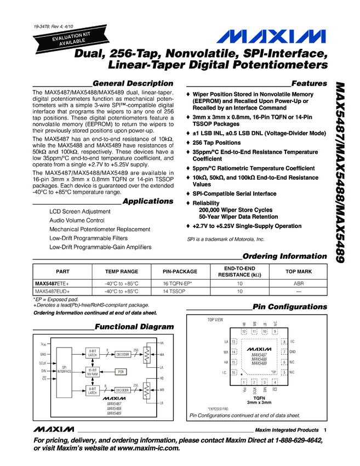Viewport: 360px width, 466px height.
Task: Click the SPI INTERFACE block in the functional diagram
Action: [64, 370]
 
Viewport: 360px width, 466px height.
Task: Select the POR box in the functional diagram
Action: [121, 371]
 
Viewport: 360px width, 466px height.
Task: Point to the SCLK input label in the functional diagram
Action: [43, 363]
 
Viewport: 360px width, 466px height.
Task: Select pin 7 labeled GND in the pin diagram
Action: [284, 351]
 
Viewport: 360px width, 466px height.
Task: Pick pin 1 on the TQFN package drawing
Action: [244, 382]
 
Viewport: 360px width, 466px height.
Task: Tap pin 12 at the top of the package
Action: [244, 331]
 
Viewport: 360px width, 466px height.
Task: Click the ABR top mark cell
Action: [299, 283]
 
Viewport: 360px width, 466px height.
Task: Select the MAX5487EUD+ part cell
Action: [53, 291]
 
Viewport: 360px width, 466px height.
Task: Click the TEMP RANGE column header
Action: [122, 271]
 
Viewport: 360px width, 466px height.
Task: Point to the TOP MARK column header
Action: [299, 271]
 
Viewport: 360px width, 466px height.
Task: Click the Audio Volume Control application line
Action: [76, 220]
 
